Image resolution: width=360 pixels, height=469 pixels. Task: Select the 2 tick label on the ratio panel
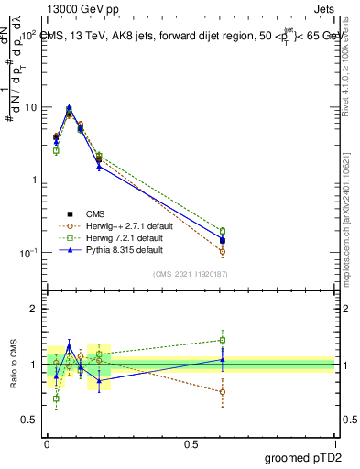tap(35, 310)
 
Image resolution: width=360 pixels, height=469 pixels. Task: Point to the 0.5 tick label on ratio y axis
tap(30, 420)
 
